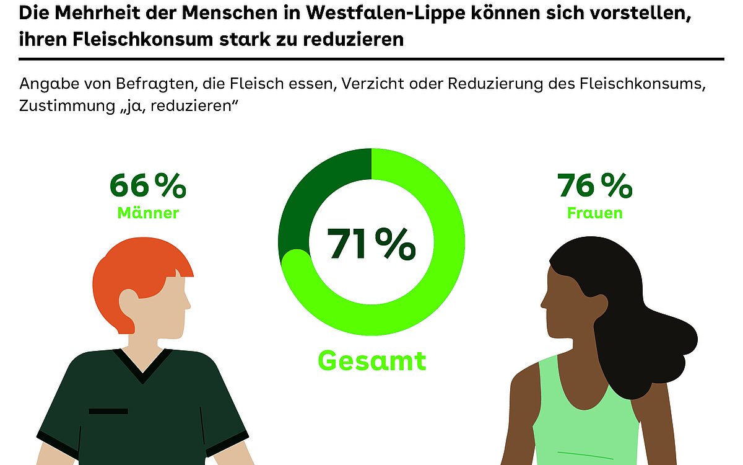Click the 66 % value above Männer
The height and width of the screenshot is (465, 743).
coord(147,185)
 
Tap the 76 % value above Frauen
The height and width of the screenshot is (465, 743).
coord(595,185)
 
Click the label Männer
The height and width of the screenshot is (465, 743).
coord(148,213)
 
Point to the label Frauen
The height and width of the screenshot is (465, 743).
coord(595,213)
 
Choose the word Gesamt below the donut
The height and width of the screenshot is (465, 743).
coord(372,360)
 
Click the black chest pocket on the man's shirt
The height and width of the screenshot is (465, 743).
coord(108,411)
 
